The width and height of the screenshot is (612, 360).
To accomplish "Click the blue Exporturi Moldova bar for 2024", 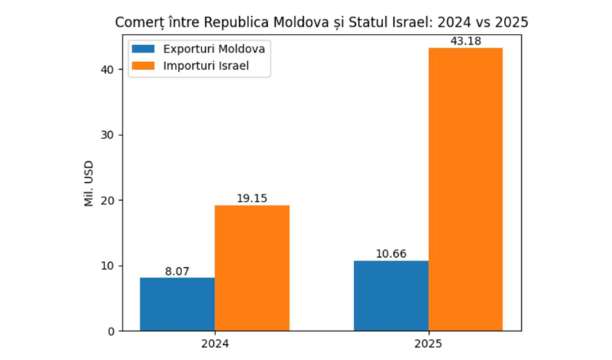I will click(177, 304).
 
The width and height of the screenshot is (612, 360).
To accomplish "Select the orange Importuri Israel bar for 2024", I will click(251, 268).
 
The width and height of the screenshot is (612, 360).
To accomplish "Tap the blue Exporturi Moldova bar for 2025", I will click(391, 295).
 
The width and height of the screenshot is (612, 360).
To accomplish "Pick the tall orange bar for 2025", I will click(465, 189).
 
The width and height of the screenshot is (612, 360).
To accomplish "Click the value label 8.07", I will click(177, 271).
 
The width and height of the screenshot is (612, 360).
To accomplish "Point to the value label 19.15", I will click(251, 199).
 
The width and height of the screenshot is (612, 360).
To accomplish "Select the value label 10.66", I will click(391, 254).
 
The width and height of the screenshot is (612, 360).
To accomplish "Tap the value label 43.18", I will click(465, 40).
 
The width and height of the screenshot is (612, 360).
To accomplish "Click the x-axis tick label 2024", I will click(215, 344).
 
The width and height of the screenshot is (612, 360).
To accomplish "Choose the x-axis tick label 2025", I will click(428, 344).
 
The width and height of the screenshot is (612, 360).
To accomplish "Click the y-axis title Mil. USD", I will click(89, 184).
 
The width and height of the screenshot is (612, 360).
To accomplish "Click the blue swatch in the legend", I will click(143, 49).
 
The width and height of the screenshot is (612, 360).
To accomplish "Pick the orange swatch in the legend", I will click(143, 67).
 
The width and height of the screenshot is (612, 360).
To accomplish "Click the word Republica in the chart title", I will click(238, 22).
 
